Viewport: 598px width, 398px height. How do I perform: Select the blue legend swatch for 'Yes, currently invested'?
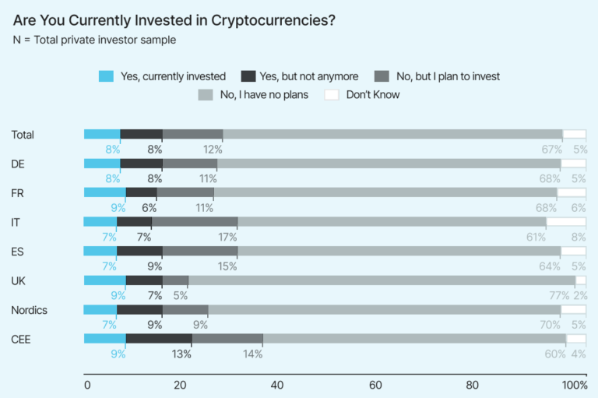pyautogui.click(x=106, y=76)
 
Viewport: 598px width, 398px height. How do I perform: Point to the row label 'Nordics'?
pyautogui.click(x=29, y=310)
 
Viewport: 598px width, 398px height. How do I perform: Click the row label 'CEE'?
pyautogui.click(x=22, y=339)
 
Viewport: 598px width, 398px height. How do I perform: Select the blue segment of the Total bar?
pyautogui.click(x=102, y=134)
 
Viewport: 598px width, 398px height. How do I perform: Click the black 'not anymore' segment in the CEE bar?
pyautogui.click(x=158, y=339)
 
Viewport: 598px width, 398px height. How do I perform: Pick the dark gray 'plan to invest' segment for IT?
pyautogui.click(x=194, y=222)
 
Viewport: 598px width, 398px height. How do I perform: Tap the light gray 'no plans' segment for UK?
pyautogui.click(x=382, y=280)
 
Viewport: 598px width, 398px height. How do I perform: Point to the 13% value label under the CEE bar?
pyautogui.click(x=182, y=354)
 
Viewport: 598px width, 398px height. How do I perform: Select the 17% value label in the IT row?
pyautogui.click(x=227, y=237)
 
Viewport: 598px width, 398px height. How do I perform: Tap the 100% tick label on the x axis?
pyautogui.click(x=575, y=385)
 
